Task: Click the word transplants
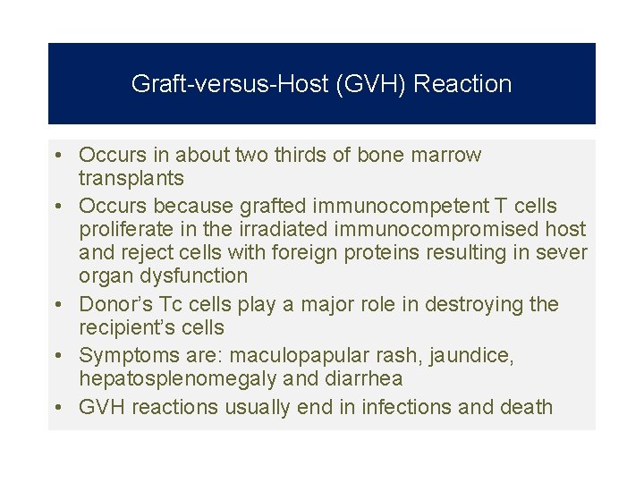coord(131,178)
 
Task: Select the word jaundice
coord(471,356)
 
